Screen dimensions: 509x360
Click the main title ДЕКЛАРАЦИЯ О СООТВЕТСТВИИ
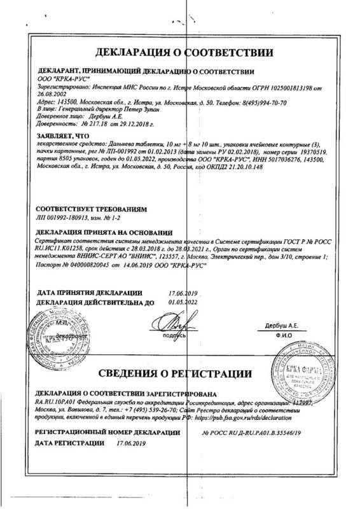[184, 52]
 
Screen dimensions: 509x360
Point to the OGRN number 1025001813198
[289, 85]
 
